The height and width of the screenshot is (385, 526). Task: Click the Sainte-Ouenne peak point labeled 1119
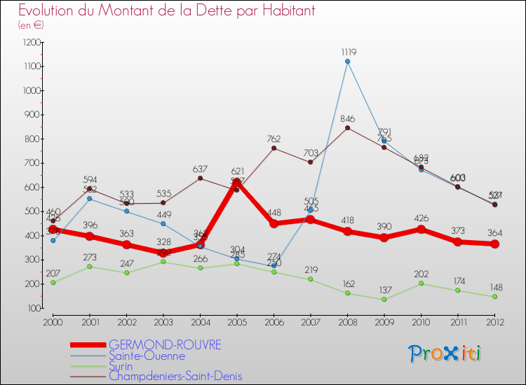point(347,62)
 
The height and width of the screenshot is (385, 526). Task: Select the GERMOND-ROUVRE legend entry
point(165,345)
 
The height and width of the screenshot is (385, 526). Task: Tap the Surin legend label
point(123,365)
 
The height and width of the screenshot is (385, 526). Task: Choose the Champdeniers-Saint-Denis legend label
point(175,376)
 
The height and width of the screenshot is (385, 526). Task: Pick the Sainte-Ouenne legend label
point(147,356)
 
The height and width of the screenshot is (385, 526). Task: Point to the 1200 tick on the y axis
point(30,43)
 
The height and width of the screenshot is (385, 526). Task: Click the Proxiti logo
point(445,353)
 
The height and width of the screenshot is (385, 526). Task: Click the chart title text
point(166,10)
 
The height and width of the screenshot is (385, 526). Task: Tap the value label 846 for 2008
point(347,118)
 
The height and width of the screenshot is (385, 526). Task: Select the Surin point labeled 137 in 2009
point(384,300)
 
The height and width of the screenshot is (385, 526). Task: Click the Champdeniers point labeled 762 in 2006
point(274,148)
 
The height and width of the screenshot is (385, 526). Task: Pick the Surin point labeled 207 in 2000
point(53,282)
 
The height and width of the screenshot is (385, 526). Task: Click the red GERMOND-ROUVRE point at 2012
point(494,244)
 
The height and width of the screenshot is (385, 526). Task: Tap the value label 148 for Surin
point(494,286)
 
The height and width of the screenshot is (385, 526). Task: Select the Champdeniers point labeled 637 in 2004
point(200,178)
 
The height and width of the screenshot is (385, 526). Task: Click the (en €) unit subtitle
point(31,25)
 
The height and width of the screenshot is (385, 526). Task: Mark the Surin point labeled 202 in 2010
point(421,283)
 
